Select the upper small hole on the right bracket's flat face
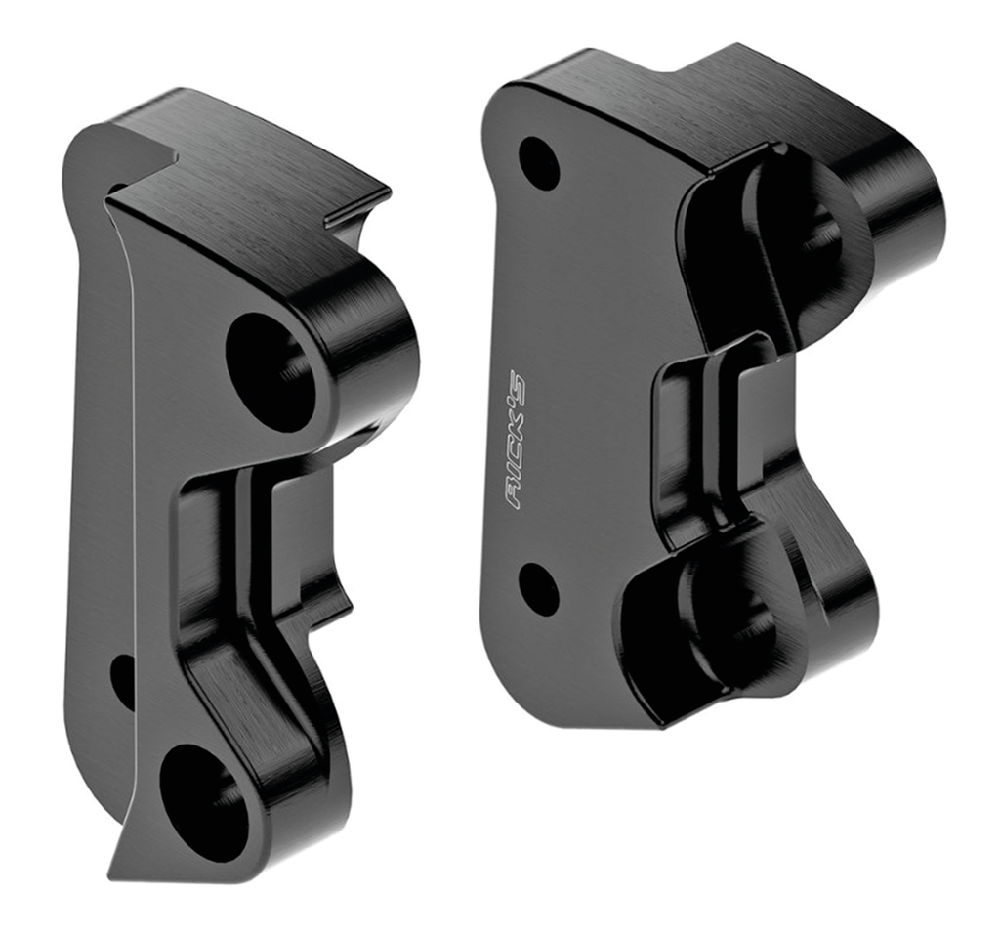[538, 163]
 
